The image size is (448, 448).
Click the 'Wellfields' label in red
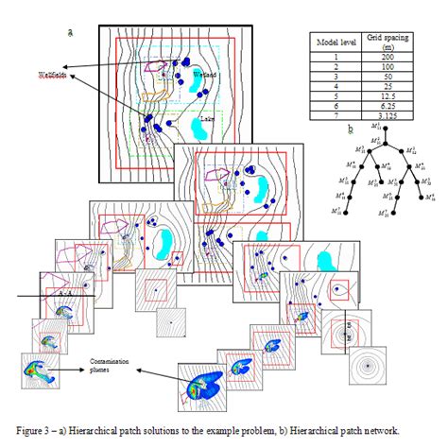click(56, 75)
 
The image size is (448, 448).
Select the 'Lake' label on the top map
click(207, 120)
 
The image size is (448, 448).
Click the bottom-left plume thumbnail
click(39, 370)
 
